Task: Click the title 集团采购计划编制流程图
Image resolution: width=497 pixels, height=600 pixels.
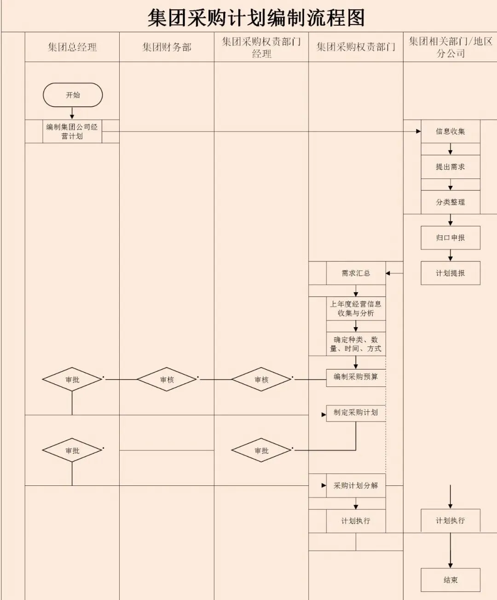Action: coord(256,17)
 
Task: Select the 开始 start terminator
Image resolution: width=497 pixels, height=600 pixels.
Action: coord(73,95)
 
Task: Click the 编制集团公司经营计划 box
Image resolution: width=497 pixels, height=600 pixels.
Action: coord(72,131)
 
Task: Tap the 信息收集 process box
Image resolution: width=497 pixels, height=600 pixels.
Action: coord(451,131)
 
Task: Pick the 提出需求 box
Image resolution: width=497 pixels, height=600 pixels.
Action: coord(451,167)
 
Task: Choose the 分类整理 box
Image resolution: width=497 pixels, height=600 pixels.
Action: coord(451,202)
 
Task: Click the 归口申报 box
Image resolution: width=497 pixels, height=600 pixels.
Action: coord(451,237)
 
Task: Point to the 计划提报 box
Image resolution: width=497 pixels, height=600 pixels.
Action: coord(451,273)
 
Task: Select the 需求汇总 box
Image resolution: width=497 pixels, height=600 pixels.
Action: coord(356,273)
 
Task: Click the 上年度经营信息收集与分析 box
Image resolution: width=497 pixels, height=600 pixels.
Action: coord(356,308)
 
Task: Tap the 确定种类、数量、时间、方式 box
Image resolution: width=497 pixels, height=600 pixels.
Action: coord(356,344)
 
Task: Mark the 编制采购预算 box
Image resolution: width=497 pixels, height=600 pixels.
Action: coord(356,377)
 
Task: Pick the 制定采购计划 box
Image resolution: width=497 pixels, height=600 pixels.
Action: coord(356,413)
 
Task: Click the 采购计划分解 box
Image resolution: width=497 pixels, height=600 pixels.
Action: coord(356,485)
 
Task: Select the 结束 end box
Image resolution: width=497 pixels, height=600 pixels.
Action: coord(451,580)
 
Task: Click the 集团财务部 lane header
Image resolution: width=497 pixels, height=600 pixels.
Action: coord(167,47)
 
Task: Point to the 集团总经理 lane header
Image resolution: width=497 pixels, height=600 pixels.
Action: coord(72,47)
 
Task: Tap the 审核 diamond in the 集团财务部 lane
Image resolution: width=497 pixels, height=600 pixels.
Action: coord(167,380)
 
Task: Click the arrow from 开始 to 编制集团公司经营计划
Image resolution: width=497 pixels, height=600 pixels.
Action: coord(72,113)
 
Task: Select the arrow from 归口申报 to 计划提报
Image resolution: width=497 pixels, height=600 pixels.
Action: coord(451,255)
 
